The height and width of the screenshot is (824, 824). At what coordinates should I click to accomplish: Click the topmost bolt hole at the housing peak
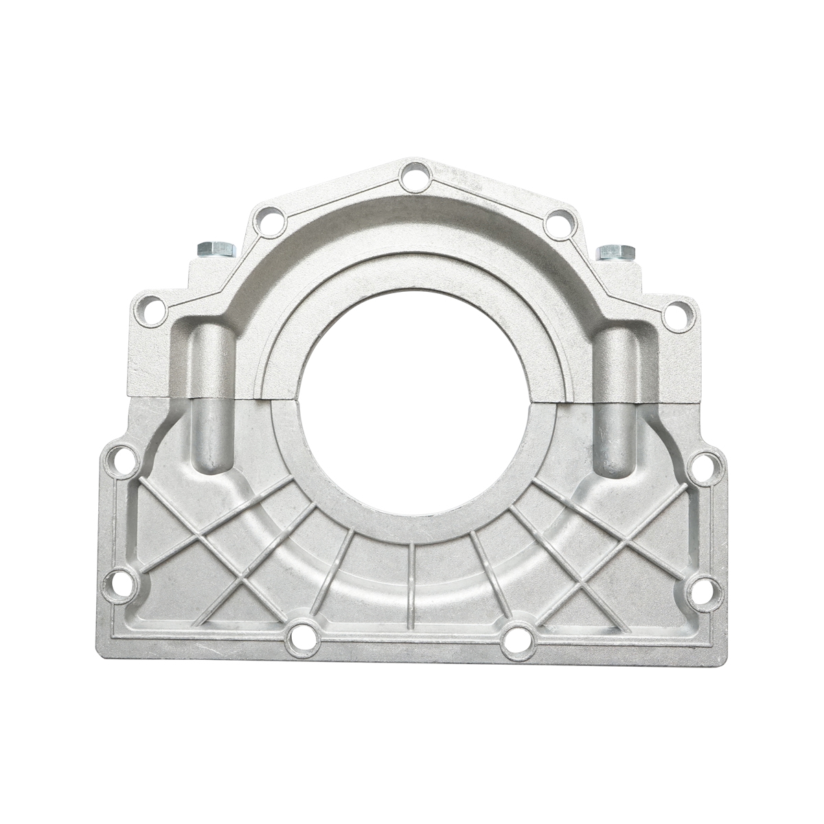tap(415, 176)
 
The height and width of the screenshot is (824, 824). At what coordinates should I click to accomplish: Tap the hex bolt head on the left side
tap(216, 249)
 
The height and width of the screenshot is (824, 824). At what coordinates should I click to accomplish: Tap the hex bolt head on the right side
tap(615, 251)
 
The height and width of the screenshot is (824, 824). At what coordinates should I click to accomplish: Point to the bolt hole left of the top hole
tap(268, 220)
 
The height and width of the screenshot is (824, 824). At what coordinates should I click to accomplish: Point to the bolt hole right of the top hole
tap(560, 222)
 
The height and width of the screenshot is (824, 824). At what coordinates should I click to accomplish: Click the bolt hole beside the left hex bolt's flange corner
tap(152, 311)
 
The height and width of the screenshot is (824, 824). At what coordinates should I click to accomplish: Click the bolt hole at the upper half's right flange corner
tap(678, 315)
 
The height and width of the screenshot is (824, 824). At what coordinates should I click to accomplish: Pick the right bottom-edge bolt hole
tap(517, 640)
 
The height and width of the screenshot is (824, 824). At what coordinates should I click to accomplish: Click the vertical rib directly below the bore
tap(411, 584)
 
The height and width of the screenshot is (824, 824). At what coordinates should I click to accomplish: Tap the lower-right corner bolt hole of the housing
tap(706, 591)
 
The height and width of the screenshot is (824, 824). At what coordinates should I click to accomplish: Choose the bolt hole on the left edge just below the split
tap(122, 459)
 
